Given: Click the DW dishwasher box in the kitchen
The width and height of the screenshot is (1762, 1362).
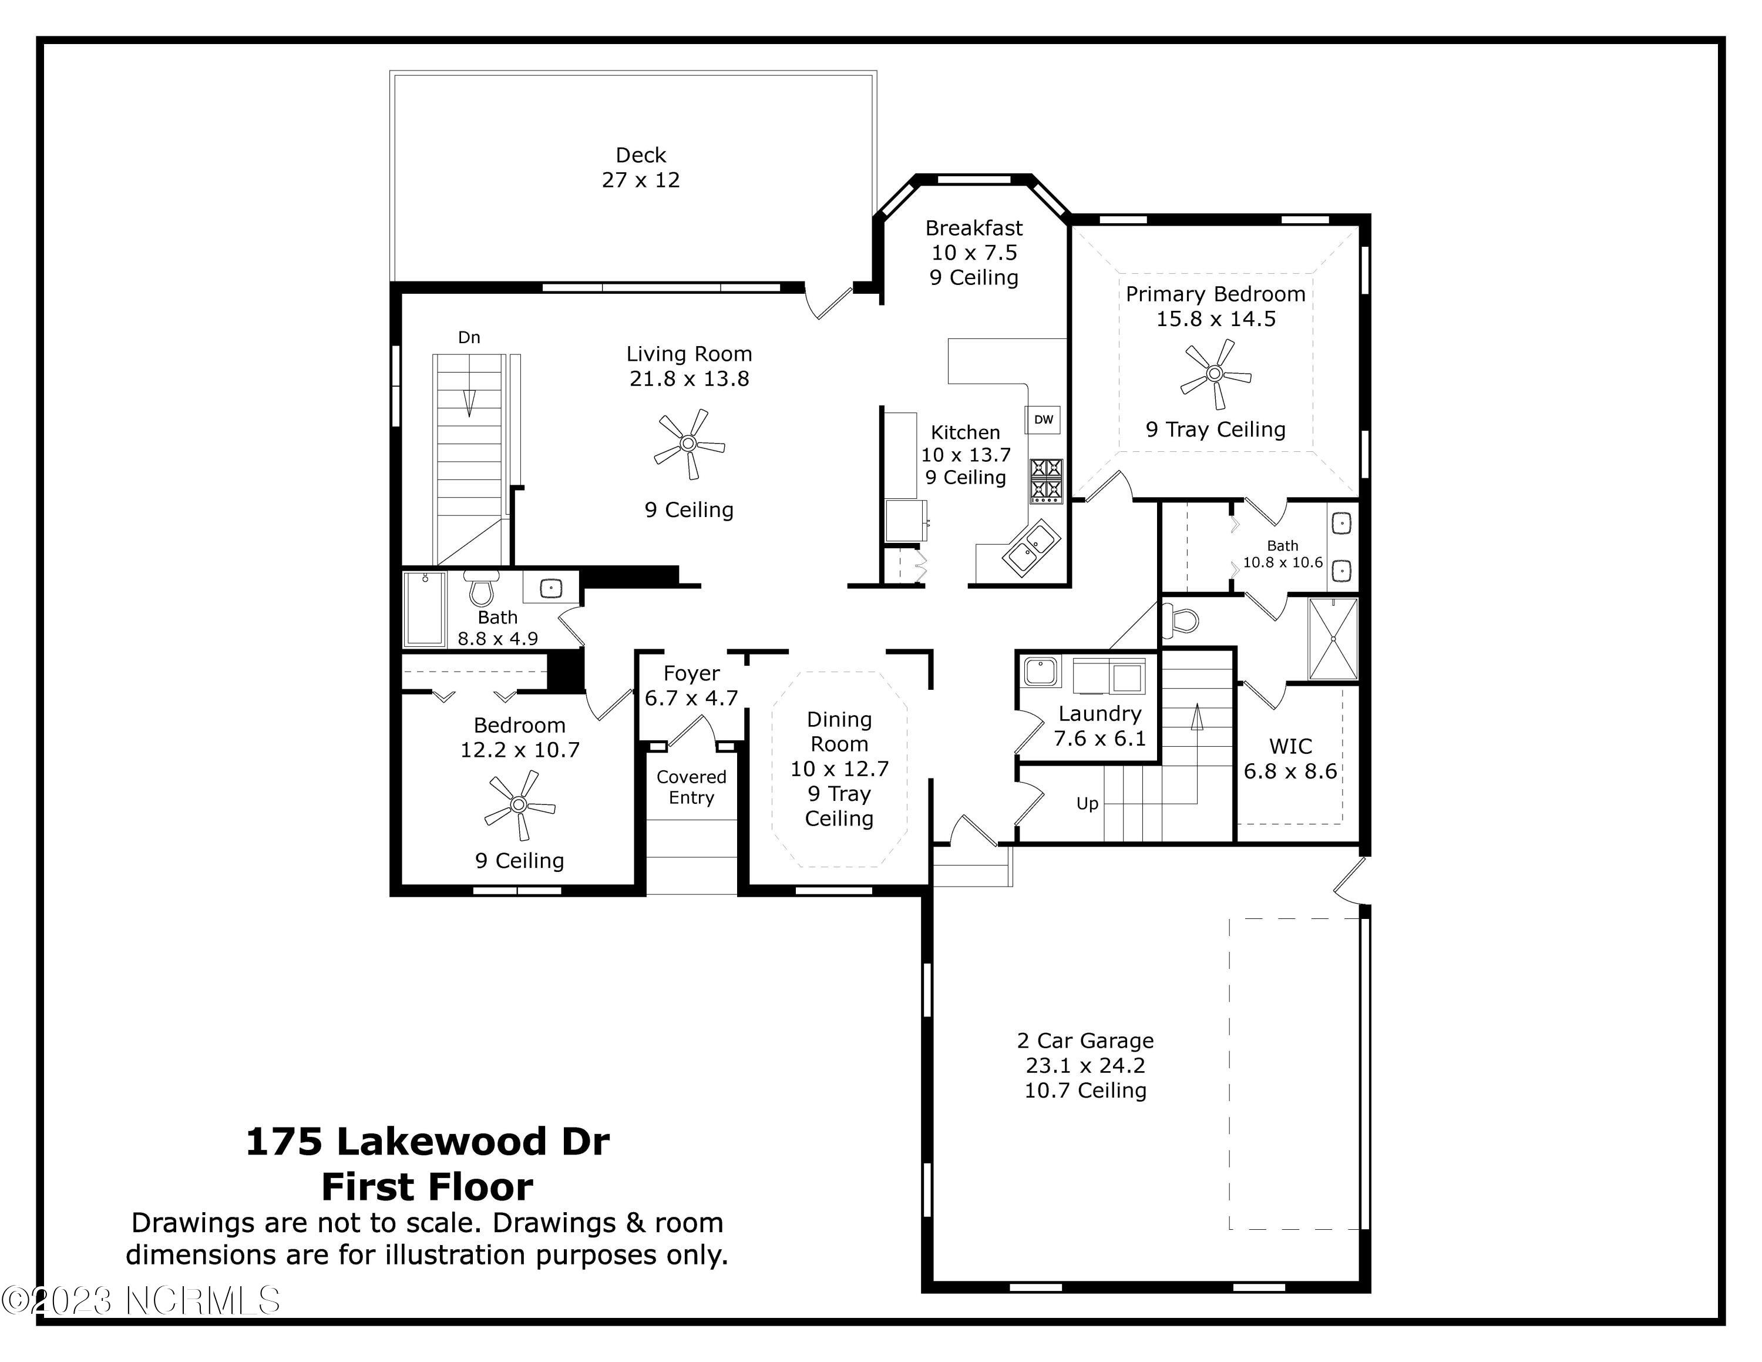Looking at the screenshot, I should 1043,420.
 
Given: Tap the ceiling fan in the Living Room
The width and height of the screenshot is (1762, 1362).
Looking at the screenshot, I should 688,444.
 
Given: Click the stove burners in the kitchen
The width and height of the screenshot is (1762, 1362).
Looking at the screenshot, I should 1047,481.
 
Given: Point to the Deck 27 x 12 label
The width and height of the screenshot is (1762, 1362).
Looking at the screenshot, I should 641,167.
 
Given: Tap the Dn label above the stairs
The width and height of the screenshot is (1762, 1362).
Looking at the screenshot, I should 469,337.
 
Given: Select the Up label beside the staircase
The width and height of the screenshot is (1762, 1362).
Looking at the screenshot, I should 1087,804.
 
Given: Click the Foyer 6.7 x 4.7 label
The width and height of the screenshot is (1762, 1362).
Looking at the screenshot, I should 691,685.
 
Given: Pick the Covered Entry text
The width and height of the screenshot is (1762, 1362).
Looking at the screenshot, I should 691,787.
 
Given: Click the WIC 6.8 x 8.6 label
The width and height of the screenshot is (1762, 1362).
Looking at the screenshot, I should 1290,759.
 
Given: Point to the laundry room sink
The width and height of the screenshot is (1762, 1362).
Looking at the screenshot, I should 1041,672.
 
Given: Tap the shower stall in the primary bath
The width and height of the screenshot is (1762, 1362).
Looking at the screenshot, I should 1333,638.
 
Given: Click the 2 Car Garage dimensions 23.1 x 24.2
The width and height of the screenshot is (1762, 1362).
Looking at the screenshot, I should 1085,1065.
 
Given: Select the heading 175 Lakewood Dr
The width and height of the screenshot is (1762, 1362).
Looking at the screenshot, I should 428,1142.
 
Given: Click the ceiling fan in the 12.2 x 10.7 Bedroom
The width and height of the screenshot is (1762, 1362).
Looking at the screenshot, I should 519,804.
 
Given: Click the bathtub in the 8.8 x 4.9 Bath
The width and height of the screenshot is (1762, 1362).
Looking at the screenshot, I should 425,609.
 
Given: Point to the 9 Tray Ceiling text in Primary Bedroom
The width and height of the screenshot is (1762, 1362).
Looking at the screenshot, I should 1215,430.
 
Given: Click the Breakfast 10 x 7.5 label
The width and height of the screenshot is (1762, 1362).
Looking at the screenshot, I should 974,240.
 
